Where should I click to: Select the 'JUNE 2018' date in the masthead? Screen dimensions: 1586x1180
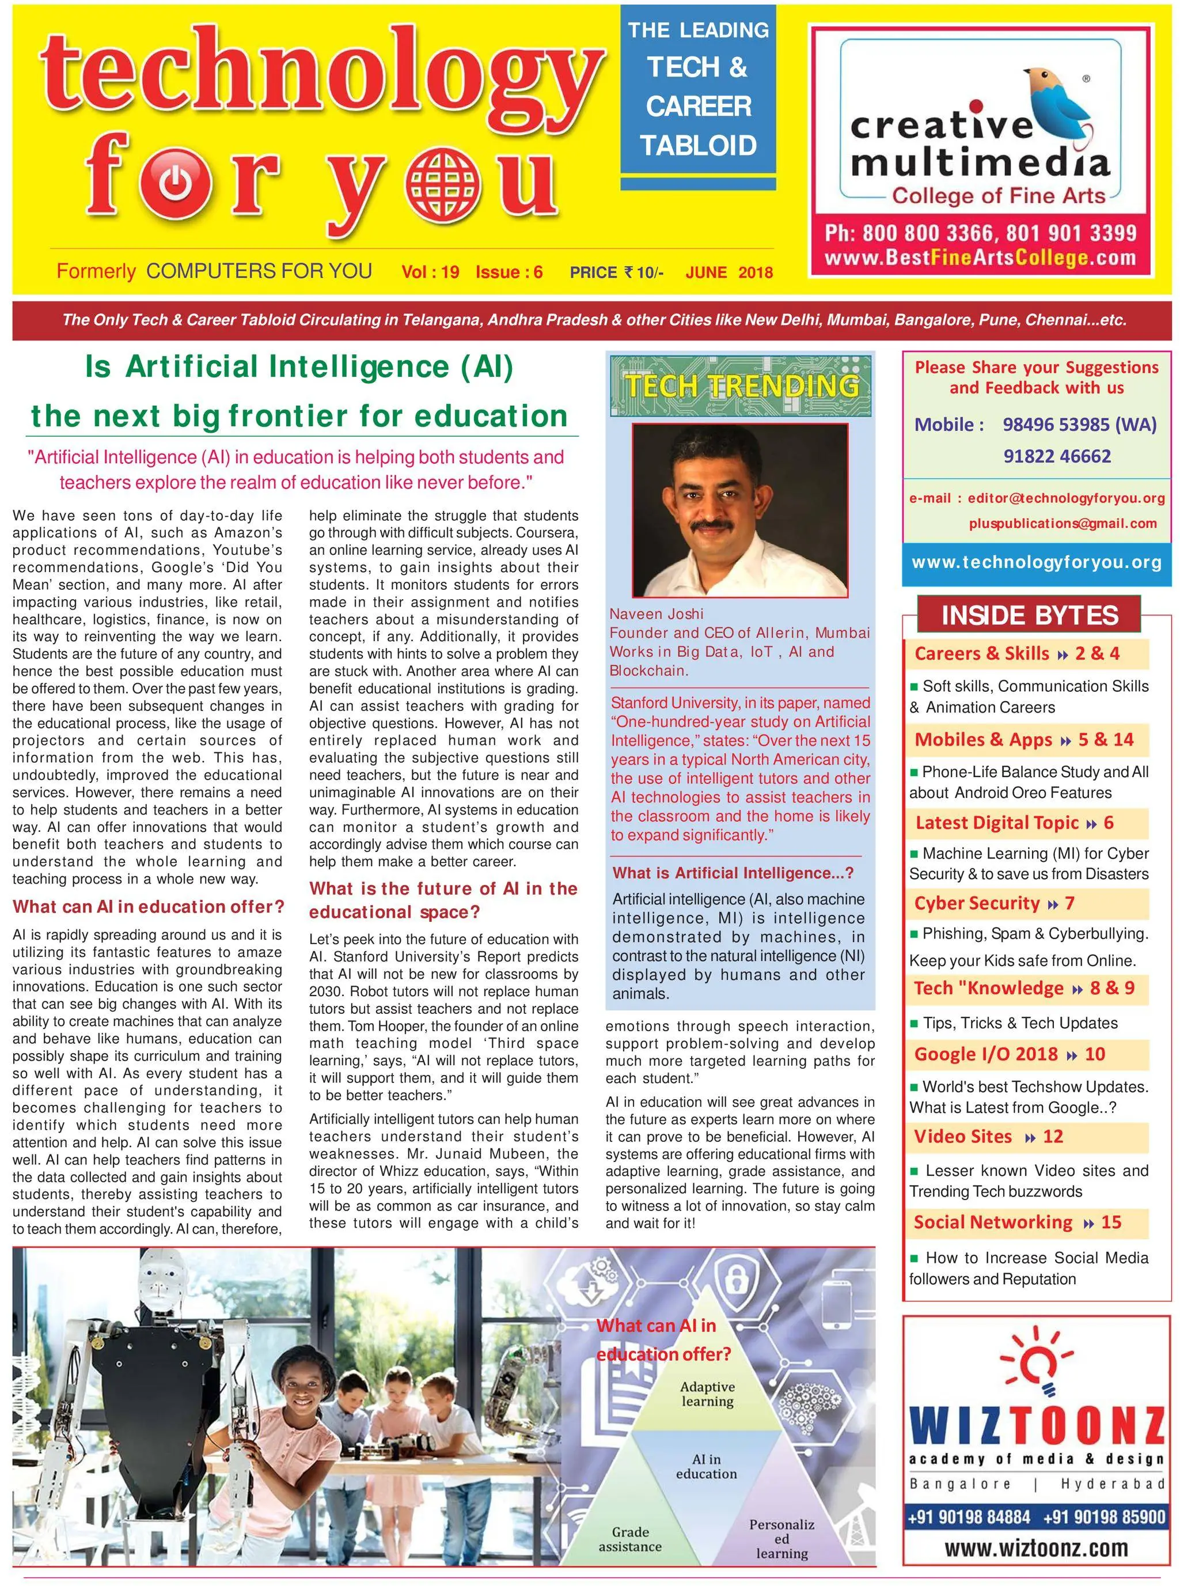(729, 272)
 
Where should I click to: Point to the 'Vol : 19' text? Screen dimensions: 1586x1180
(430, 272)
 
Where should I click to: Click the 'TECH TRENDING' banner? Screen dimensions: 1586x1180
(741, 386)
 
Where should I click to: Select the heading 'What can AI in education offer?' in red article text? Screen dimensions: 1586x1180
(148, 907)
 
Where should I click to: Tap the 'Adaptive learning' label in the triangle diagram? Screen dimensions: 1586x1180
(707, 1393)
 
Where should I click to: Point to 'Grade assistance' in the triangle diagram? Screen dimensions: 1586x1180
(630, 1539)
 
